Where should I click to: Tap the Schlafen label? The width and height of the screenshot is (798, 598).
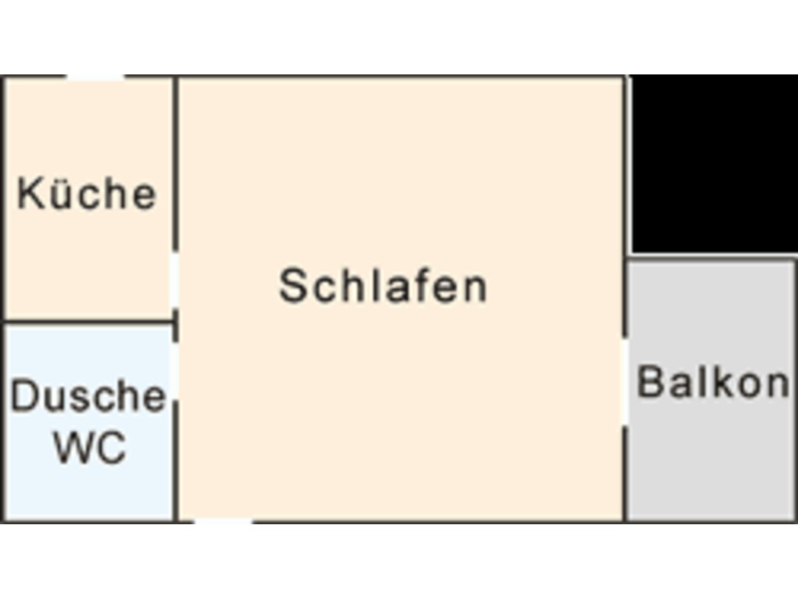tap(383, 286)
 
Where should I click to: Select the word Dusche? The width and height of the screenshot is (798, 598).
tap(88, 397)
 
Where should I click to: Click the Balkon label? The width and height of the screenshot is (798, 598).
tap(714, 383)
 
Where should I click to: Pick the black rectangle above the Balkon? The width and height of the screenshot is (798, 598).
tap(714, 163)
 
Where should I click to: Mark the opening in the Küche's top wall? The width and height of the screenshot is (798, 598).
tap(95, 78)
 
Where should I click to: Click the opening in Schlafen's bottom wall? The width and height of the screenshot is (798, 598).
tap(223, 522)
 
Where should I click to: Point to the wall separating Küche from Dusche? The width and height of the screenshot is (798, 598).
tap(88, 323)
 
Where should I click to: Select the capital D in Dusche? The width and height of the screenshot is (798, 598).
tap(23, 397)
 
